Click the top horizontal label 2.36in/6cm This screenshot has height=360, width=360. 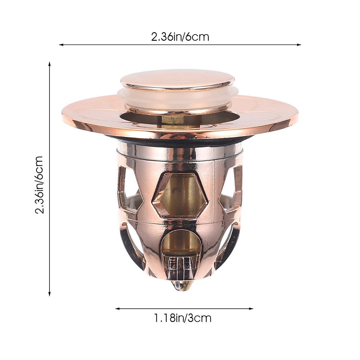pos(180,37)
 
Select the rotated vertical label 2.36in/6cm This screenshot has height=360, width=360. pos(40,184)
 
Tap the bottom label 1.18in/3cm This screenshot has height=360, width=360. pos(183,318)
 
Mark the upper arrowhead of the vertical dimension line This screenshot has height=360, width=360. pos(49,64)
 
